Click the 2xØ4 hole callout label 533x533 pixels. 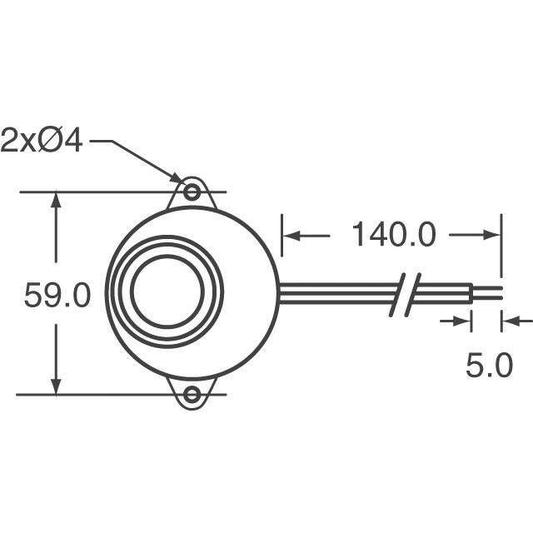pos(42,141)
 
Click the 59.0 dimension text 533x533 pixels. pos(57,296)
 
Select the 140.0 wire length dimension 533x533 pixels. pos(392,235)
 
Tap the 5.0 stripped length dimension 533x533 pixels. pos(489,366)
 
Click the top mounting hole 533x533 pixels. pos(192,192)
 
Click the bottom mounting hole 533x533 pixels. pos(192,395)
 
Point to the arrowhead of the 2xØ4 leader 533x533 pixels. pos(178,179)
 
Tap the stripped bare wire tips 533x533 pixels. pos(488,292)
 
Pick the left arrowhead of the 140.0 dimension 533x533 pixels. pos(292,236)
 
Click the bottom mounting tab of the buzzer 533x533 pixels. pos(192,392)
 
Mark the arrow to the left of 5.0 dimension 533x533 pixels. pos(463,321)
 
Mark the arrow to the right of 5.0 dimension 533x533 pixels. pos(511,321)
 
